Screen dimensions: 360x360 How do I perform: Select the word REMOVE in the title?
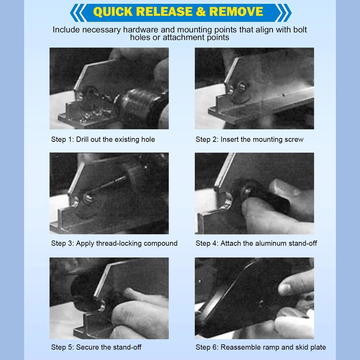236,12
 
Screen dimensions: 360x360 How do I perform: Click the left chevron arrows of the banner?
78,13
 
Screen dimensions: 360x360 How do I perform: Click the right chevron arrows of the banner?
283,13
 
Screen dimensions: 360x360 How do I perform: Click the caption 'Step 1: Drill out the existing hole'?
103,139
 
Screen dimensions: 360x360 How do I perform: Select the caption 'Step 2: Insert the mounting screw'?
249,139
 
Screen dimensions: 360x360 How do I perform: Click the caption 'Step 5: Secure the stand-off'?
96,347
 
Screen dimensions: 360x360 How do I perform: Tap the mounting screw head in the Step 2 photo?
242,87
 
